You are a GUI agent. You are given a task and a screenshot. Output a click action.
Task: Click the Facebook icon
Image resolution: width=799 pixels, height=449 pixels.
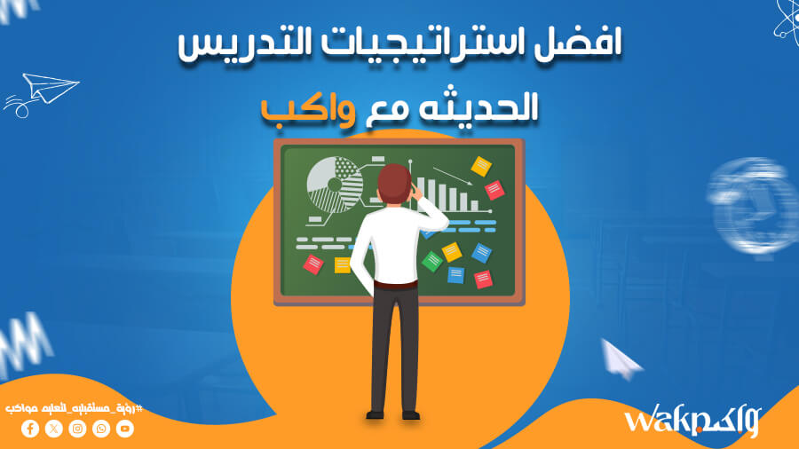pyautogui.click(x=30, y=429)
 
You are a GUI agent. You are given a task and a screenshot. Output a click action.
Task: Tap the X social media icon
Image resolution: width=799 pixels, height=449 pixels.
pyautogui.click(x=54, y=429)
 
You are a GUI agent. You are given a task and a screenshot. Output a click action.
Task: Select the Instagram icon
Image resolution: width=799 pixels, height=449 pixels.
pyautogui.click(x=78, y=429)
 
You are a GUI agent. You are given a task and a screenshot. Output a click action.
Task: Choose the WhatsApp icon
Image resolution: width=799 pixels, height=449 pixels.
pyautogui.click(x=101, y=429)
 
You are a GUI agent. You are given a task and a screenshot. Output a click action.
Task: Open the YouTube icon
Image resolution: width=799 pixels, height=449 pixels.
pyautogui.click(x=125, y=429)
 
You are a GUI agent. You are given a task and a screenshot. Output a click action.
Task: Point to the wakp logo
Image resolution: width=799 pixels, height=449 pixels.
pyautogui.click(x=691, y=421)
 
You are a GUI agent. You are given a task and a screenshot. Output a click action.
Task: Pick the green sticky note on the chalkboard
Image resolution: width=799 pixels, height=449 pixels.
pyautogui.click(x=432, y=261)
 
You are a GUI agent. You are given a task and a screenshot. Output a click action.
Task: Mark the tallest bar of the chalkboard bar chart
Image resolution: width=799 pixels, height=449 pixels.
pyautogui.click(x=422, y=192)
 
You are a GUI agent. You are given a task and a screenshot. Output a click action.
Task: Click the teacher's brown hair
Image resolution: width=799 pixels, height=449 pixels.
pyautogui.click(x=392, y=182)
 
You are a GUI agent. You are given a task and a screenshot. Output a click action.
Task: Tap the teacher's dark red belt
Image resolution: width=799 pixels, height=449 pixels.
pyautogui.click(x=395, y=285)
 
